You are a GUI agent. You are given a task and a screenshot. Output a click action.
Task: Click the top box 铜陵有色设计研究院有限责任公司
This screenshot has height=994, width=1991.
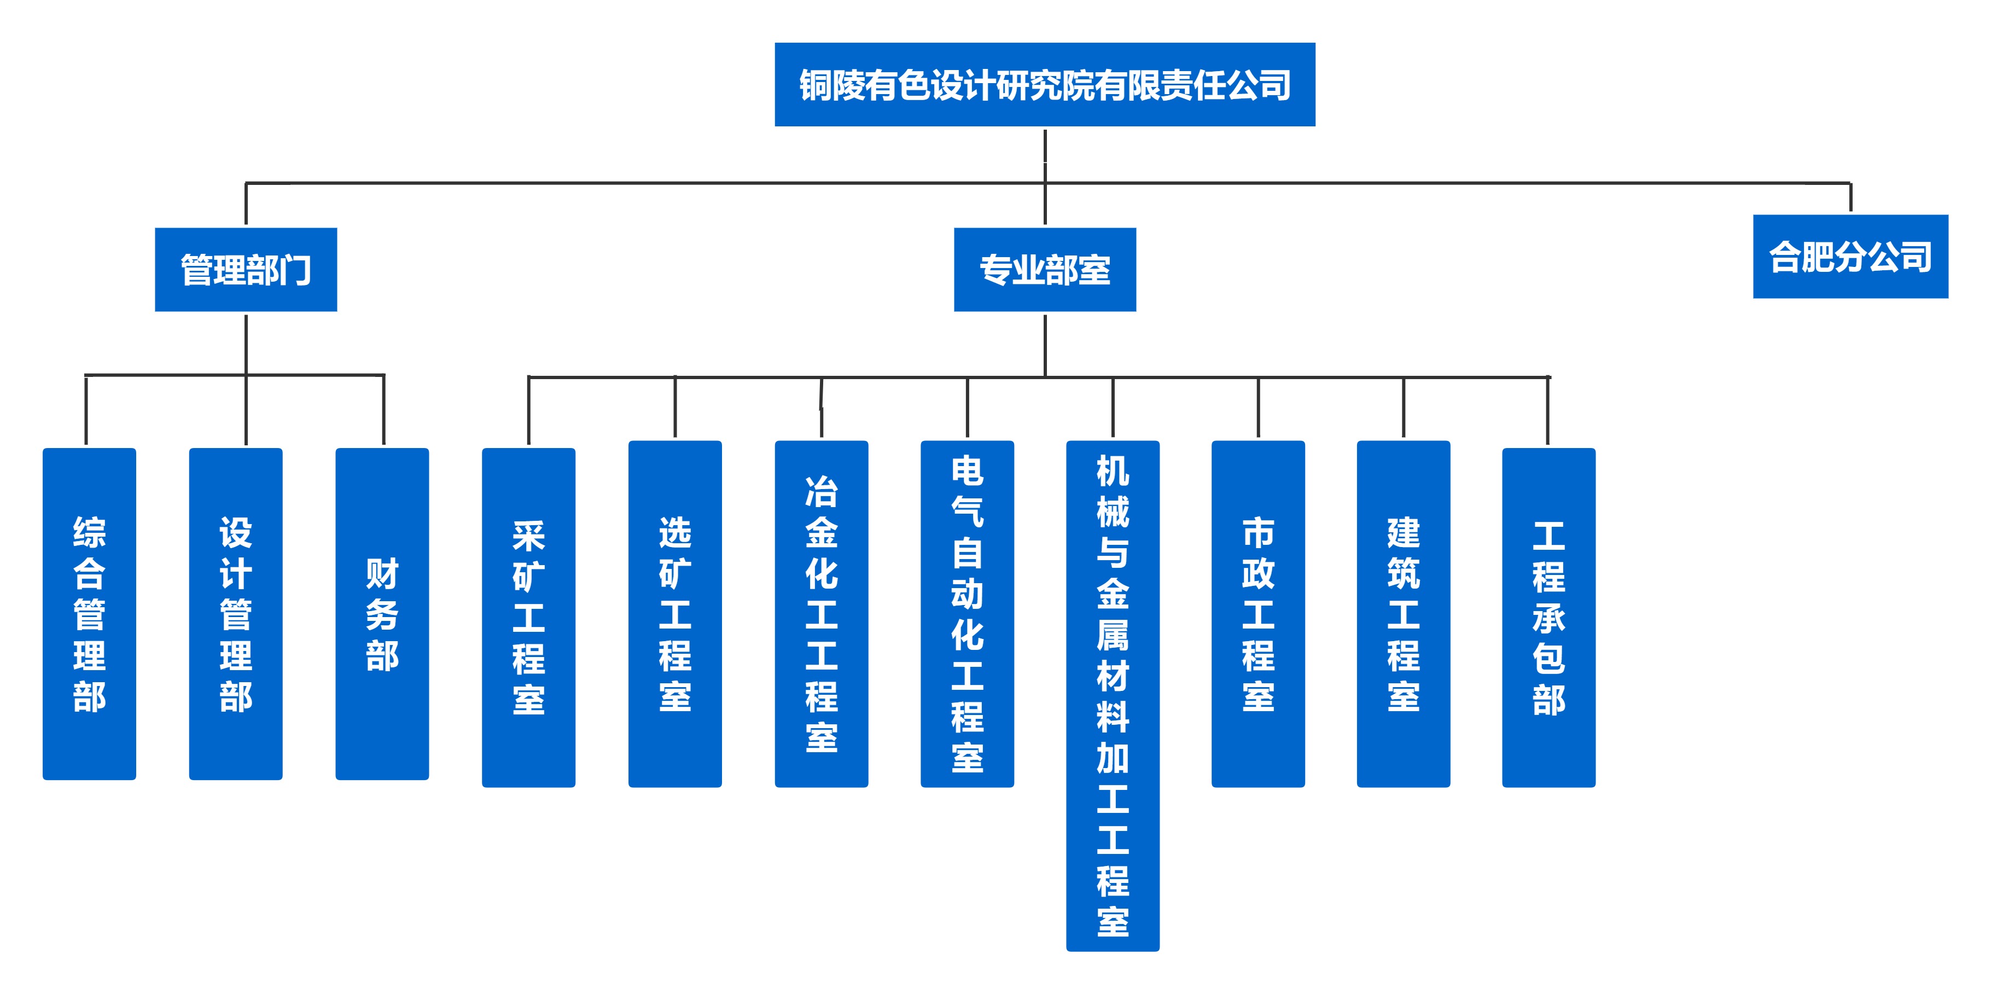(x=1044, y=84)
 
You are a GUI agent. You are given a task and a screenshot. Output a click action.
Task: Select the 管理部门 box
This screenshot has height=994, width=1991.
(x=246, y=269)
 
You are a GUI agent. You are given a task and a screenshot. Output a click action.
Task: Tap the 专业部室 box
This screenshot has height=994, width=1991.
(x=1044, y=269)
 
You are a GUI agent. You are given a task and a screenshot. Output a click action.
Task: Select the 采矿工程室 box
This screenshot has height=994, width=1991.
(x=529, y=617)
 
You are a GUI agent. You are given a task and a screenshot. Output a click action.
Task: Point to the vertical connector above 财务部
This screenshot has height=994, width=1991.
(x=383, y=410)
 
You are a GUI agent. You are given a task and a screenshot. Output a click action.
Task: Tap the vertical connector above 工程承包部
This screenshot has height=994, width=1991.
(x=1547, y=410)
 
